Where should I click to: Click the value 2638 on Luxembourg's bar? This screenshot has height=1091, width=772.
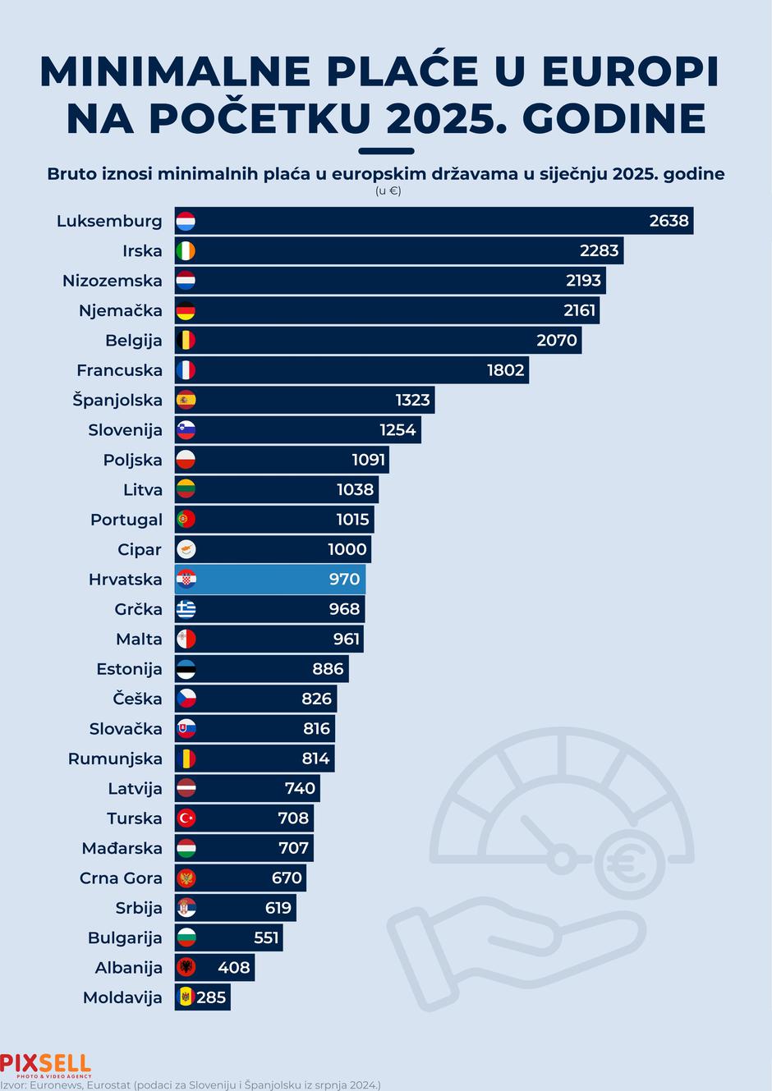tap(669, 221)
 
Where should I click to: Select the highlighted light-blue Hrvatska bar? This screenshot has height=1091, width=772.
tap(271, 580)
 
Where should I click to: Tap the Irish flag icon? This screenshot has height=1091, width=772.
tap(186, 251)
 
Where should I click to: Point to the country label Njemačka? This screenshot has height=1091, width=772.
tap(121, 311)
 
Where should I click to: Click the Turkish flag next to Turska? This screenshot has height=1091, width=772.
tap(186, 818)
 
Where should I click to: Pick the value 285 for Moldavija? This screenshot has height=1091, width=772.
tap(211, 998)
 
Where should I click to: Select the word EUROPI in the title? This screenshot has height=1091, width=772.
tap(631, 72)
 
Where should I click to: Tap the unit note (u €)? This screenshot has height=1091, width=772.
tap(388, 191)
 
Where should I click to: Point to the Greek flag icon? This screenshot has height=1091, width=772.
tap(186, 609)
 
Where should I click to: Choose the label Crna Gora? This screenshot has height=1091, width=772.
tap(121, 878)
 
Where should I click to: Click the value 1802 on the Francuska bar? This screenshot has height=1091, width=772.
tap(505, 370)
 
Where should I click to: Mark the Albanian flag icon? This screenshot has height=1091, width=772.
tap(186, 968)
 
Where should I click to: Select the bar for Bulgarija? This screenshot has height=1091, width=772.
tap(228, 937)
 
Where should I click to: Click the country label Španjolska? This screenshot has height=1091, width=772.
tap(117, 401)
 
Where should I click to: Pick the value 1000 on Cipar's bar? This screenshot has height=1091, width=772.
tap(347, 550)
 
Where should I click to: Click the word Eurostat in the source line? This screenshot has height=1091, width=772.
tap(106, 1084)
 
